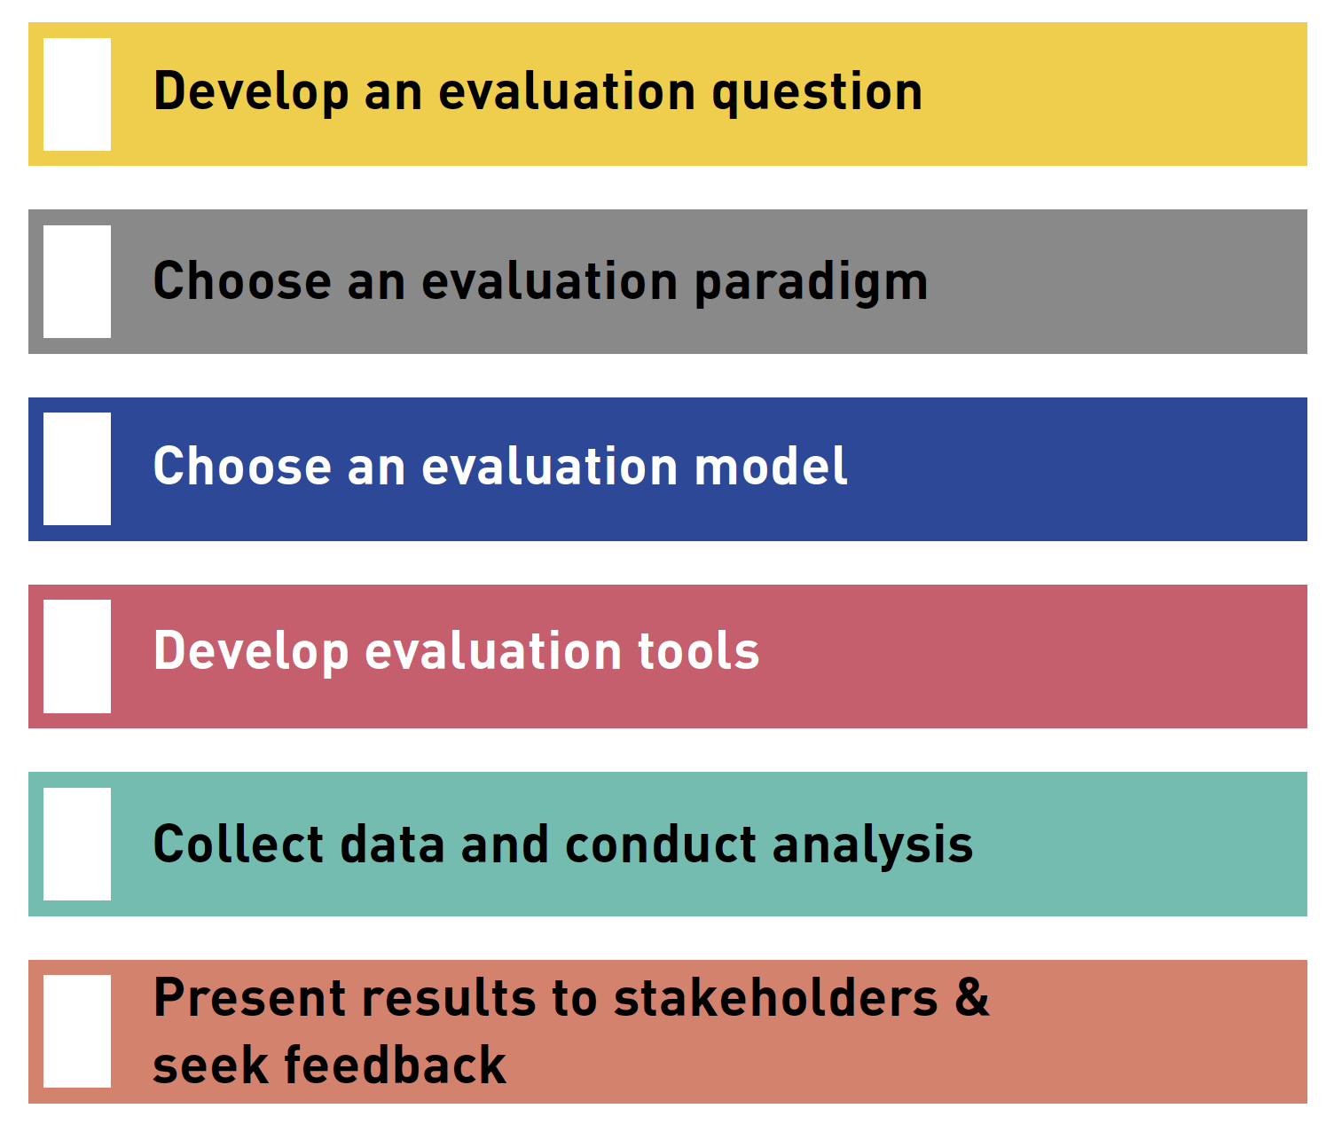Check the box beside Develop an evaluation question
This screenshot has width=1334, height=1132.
[77, 94]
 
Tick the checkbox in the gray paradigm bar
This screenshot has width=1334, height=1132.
[77, 281]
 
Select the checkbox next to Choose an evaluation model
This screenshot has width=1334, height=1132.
[77, 468]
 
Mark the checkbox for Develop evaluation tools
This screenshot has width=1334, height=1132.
[77, 656]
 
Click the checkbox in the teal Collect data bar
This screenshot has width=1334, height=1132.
[77, 845]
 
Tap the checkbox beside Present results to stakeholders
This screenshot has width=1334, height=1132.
[77, 1032]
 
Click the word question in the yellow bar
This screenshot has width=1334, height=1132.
[818, 94]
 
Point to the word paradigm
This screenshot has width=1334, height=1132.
[812, 283]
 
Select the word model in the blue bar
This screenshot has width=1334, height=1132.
[771, 466]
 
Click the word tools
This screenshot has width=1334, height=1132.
[698, 650]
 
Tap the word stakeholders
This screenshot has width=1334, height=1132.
[776, 998]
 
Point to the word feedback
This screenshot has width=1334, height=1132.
[395, 1065]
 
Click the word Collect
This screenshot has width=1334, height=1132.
[238, 844]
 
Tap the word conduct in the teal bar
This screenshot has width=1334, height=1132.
[661, 844]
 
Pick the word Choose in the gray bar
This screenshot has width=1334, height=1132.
[242, 280]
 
